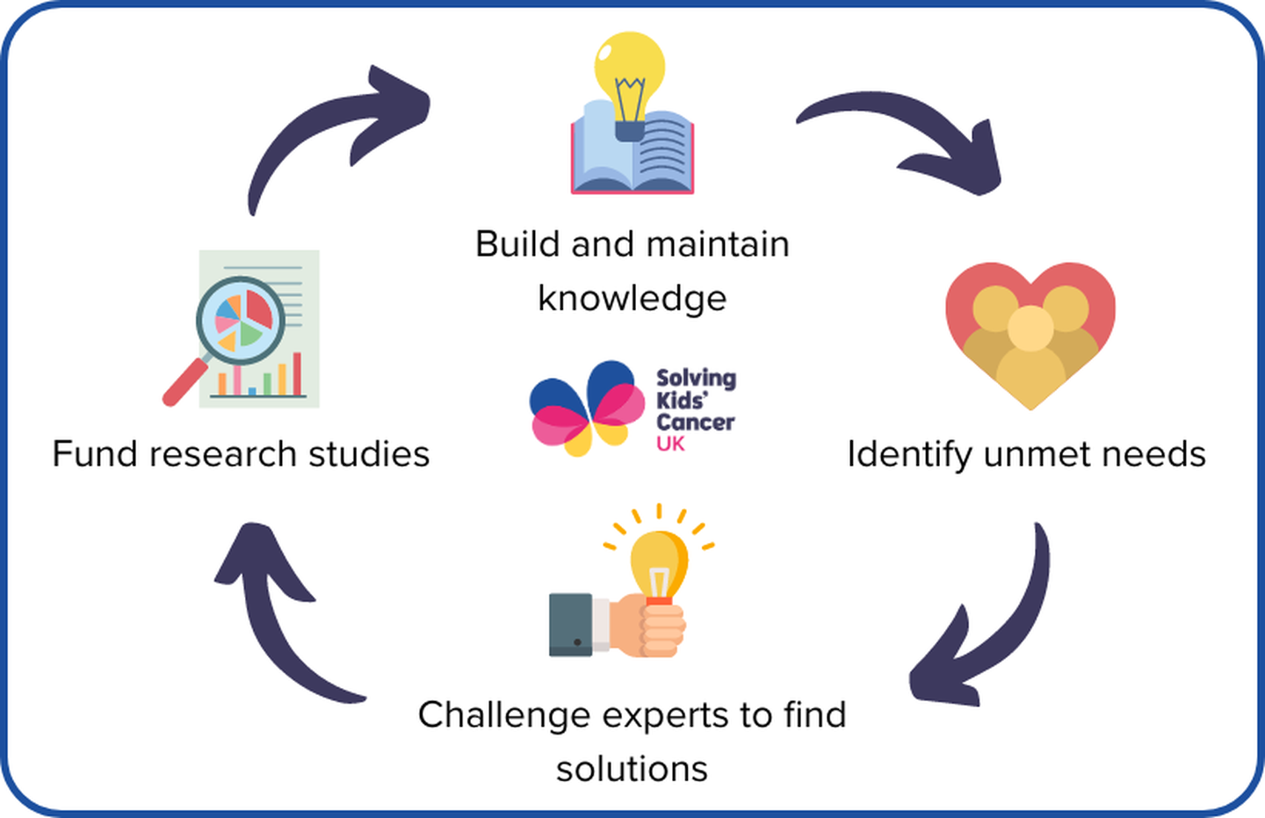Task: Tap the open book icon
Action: point(632,154)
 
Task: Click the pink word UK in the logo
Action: point(670,445)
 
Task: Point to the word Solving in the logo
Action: point(696,379)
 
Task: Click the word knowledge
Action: point(632,298)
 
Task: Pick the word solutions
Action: point(632,769)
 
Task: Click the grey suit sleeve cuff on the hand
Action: point(571,625)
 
